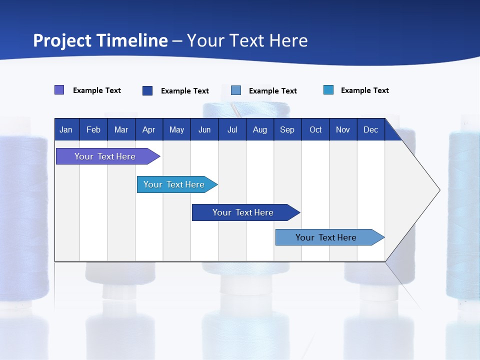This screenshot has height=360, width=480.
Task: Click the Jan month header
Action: point(66,130)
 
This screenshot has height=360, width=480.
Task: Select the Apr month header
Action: point(148,130)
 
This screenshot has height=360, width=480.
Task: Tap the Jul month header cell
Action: point(232,130)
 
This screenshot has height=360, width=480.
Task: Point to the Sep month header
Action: point(287,130)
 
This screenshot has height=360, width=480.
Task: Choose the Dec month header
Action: point(370,130)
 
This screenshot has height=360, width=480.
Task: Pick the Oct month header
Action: point(315,130)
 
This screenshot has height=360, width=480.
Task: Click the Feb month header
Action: point(93,130)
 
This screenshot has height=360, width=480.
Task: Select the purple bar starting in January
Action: point(105,156)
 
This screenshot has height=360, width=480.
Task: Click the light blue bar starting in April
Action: point(174,184)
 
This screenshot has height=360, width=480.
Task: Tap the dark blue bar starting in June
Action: point(243,212)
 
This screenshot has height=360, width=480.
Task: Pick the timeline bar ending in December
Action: point(326,237)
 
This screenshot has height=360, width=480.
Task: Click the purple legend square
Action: point(59,90)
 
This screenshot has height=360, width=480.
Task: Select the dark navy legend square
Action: point(147,90)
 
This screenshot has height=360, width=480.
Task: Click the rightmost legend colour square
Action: point(328,90)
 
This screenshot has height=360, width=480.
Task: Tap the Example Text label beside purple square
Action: point(97,90)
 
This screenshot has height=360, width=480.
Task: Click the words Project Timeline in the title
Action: point(100,40)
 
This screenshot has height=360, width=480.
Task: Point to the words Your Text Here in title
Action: point(247,40)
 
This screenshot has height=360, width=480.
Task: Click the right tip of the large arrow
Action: point(438,190)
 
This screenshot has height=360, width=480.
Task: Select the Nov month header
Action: point(343,130)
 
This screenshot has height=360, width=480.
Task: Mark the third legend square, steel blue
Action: point(236,90)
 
